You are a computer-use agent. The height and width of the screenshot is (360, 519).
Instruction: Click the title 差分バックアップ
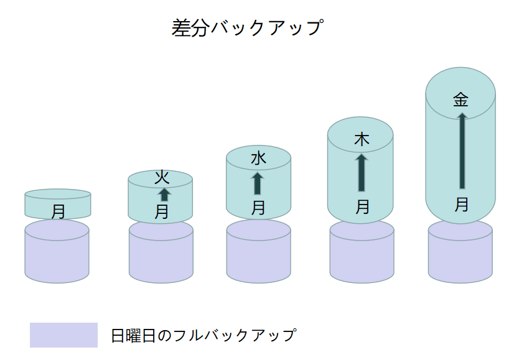click(x=247, y=28)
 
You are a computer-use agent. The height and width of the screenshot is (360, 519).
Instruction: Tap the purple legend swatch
click(x=63, y=335)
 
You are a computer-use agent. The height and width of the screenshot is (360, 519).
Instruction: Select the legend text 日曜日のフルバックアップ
click(x=203, y=335)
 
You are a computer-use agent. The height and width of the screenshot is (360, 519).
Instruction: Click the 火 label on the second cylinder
click(x=161, y=177)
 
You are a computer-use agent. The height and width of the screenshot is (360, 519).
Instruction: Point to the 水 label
click(x=258, y=158)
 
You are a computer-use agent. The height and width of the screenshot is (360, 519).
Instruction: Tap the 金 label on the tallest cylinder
click(x=461, y=99)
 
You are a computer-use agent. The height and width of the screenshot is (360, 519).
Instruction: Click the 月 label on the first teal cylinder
click(x=58, y=211)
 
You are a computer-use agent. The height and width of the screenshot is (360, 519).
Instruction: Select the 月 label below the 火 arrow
click(x=161, y=212)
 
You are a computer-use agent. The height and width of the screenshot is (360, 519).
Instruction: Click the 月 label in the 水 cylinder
click(x=258, y=207)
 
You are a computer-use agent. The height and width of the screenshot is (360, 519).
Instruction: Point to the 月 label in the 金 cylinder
click(x=461, y=205)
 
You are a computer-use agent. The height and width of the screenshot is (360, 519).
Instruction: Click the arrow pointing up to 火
click(x=164, y=194)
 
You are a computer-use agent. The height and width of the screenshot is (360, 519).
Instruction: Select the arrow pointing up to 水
click(x=257, y=183)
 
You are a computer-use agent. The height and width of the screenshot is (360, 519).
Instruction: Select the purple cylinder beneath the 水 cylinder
click(x=258, y=255)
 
